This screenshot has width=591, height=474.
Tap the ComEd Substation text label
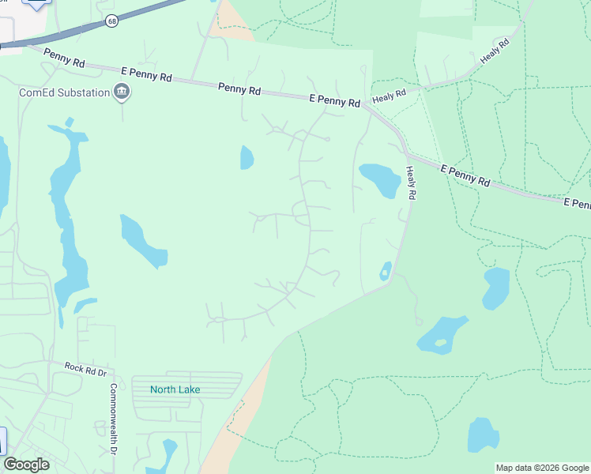65,92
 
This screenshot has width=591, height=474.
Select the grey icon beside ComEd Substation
122,92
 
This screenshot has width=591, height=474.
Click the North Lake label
176,389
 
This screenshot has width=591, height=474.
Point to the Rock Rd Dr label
85,368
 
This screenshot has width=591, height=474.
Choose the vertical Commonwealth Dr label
114,419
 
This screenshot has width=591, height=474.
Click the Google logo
26,464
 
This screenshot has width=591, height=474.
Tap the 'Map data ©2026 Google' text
542,468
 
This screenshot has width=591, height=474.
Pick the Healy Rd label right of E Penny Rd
389,95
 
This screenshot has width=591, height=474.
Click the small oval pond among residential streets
247,158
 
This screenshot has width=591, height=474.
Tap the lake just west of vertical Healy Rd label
380,179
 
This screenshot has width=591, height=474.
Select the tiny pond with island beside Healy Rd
386,271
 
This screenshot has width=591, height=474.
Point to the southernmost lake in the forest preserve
483,434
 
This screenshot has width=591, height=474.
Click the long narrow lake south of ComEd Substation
68,213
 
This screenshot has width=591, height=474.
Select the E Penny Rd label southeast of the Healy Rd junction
465,175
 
